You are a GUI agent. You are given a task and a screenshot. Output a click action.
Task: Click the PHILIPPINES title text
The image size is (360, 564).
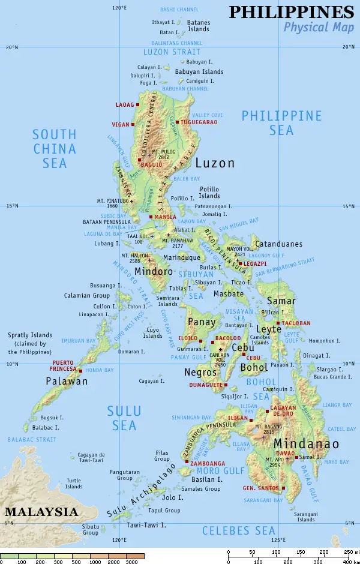[292, 12]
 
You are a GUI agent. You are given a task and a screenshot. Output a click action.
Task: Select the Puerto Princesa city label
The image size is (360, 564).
[64, 366]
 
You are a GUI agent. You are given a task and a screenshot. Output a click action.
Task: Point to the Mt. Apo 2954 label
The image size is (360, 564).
[276, 462]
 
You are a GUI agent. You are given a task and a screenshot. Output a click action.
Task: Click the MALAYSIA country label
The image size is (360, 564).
[41, 512]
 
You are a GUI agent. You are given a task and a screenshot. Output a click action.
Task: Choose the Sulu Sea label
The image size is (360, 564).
[124, 418]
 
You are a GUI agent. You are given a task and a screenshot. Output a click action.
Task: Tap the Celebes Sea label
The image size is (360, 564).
[238, 530]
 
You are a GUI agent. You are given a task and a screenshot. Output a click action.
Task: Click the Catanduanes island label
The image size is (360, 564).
[279, 244]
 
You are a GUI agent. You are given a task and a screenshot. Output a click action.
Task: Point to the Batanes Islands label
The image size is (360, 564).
[199, 26]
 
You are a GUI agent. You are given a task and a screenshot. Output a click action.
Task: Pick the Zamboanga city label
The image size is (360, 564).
[208, 463]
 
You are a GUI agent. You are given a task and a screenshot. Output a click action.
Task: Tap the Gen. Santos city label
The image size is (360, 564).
[260, 488]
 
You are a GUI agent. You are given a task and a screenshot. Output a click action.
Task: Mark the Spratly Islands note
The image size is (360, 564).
[30, 343]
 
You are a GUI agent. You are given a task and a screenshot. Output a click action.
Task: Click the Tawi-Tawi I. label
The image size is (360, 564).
[146, 525]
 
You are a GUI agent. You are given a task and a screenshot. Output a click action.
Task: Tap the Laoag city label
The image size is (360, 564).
[125, 105]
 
